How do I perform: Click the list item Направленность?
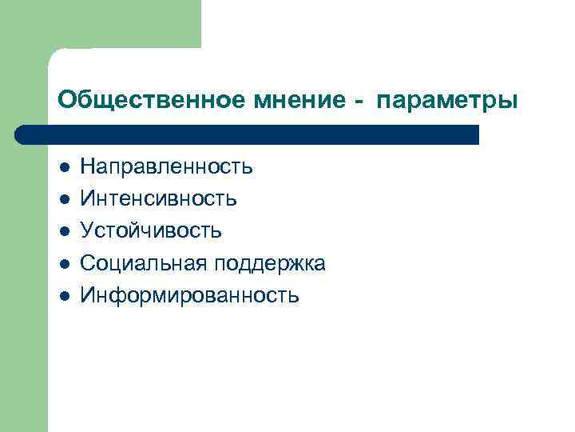pyautogui.click(x=166, y=167)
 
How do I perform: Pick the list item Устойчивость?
pyautogui.click(x=151, y=231)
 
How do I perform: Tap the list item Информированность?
pyautogui.click(x=189, y=295)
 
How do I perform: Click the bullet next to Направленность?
pyautogui.click(x=64, y=167)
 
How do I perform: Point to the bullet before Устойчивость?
pyautogui.click(x=64, y=231)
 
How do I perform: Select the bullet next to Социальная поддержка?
pyautogui.click(x=64, y=263)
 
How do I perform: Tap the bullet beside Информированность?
pyautogui.click(x=64, y=295)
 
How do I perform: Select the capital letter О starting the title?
pyautogui.click(x=66, y=101)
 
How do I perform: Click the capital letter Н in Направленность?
pyautogui.click(x=88, y=167)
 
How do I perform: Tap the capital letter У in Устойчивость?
pyautogui.click(x=87, y=231)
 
